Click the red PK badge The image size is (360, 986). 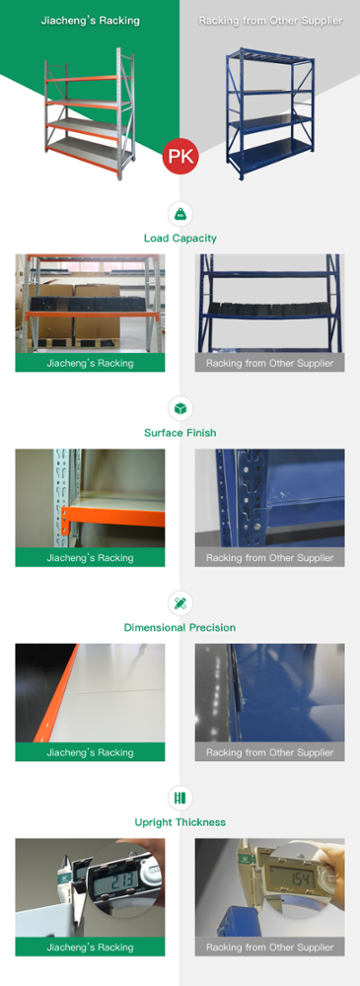(x=180, y=157)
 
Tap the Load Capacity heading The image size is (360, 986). (x=180, y=239)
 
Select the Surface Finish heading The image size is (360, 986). (x=180, y=433)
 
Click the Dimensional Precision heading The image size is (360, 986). (x=180, y=627)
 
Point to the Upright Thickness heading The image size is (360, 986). (x=180, y=822)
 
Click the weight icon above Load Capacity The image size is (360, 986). (x=180, y=214)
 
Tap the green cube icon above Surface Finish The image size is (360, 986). (x=180, y=409)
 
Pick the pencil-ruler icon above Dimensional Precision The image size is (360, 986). (x=180, y=603)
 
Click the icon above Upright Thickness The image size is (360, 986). (x=180, y=798)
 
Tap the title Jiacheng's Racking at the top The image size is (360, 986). (x=90, y=21)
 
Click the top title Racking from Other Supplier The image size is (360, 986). (x=270, y=21)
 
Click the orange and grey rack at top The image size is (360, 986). (x=90, y=113)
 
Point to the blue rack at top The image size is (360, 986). (x=269, y=113)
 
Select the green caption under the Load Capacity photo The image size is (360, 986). (x=90, y=362)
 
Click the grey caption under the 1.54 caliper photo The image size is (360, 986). (x=270, y=947)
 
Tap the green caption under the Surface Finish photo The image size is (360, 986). (x=90, y=557)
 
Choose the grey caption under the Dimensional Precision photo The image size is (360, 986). (x=270, y=752)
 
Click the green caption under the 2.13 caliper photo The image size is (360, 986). (x=90, y=947)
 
